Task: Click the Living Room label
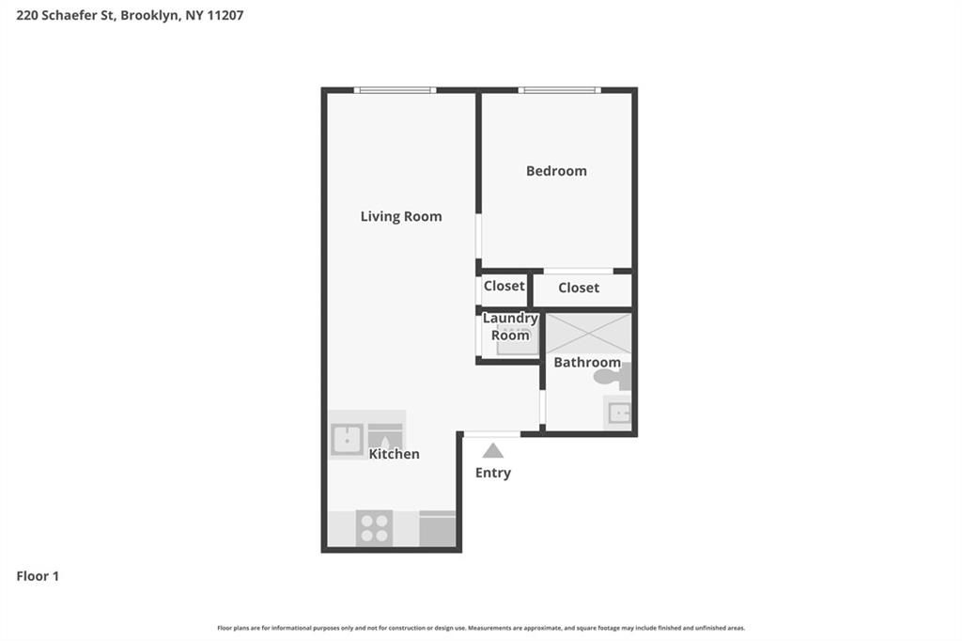(400, 216)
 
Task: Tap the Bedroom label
(556, 171)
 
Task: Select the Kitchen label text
(394, 454)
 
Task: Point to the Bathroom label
(586, 362)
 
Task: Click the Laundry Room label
(510, 326)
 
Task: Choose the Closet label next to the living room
(504, 286)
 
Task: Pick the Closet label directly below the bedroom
(578, 288)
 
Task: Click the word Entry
(492, 473)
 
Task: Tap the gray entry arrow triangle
(492, 450)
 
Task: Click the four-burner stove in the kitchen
(374, 527)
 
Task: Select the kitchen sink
(347, 439)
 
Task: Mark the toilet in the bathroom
(612, 377)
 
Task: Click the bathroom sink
(618, 413)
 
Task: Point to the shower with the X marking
(588, 333)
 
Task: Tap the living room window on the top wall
(395, 90)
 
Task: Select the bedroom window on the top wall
(559, 90)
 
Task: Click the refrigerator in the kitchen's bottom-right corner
(437, 528)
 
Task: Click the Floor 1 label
(38, 576)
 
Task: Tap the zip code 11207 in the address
(225, 15)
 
